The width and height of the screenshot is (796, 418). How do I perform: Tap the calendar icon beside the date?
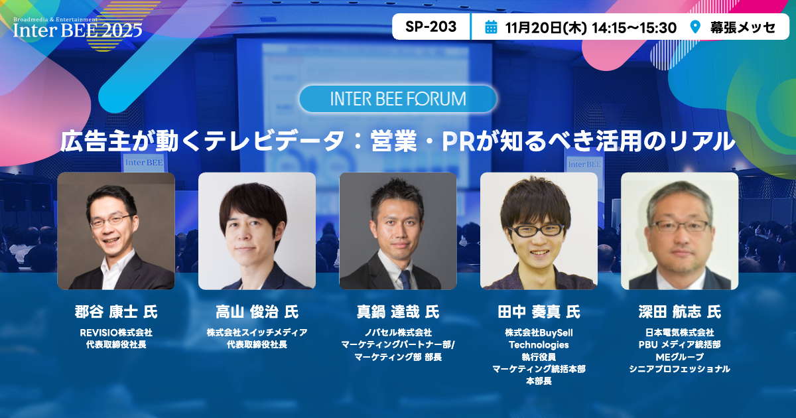point(491,27)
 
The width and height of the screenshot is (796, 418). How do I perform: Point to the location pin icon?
point(695,27)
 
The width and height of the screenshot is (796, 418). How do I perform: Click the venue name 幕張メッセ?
point(742,27)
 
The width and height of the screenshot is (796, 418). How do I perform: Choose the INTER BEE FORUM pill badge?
point(398,99)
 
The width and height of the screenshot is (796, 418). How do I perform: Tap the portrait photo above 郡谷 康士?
point(116,231)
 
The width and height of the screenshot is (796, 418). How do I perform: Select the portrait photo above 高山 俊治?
point(257,231)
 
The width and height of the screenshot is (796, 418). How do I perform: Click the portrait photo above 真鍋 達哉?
point(398,231)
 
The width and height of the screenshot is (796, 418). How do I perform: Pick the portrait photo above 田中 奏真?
point(539,231)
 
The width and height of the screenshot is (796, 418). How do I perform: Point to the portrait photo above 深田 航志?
point(679,231)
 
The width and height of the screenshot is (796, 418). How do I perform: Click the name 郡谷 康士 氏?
point(116,312)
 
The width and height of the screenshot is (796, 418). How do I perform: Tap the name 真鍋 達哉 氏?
point(398,312)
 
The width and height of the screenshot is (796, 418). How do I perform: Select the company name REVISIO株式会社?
point(116,332)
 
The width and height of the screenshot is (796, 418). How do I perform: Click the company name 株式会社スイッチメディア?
point(257,332)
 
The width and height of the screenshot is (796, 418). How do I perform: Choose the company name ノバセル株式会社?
point(398,332)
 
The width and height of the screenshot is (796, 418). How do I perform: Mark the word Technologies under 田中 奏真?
point(539,345)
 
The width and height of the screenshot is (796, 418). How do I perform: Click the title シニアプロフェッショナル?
point(679,369)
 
